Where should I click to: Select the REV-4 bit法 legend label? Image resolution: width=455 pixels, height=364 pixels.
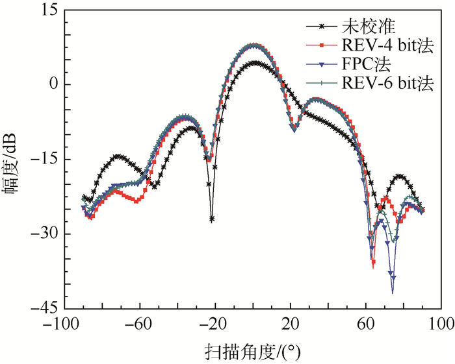[x=387, y=45]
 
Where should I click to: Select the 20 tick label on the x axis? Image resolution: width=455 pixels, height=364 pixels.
[x=291, y=323]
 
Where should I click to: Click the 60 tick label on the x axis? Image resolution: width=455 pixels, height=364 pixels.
[x=365, y=323]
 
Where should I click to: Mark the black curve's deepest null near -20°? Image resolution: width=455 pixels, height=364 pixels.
[x=212, y=220]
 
